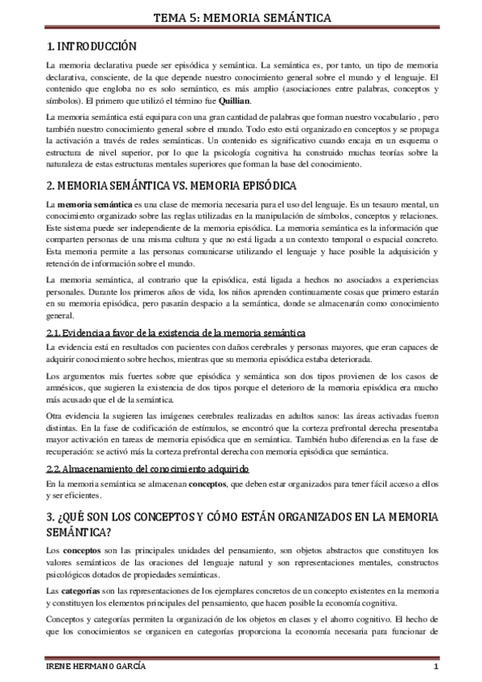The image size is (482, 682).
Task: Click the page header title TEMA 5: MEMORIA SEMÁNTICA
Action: point(241,16)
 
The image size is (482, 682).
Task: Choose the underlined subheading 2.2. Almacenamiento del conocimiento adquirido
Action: point(147,468)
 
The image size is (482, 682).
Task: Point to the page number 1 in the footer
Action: point(435,668)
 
